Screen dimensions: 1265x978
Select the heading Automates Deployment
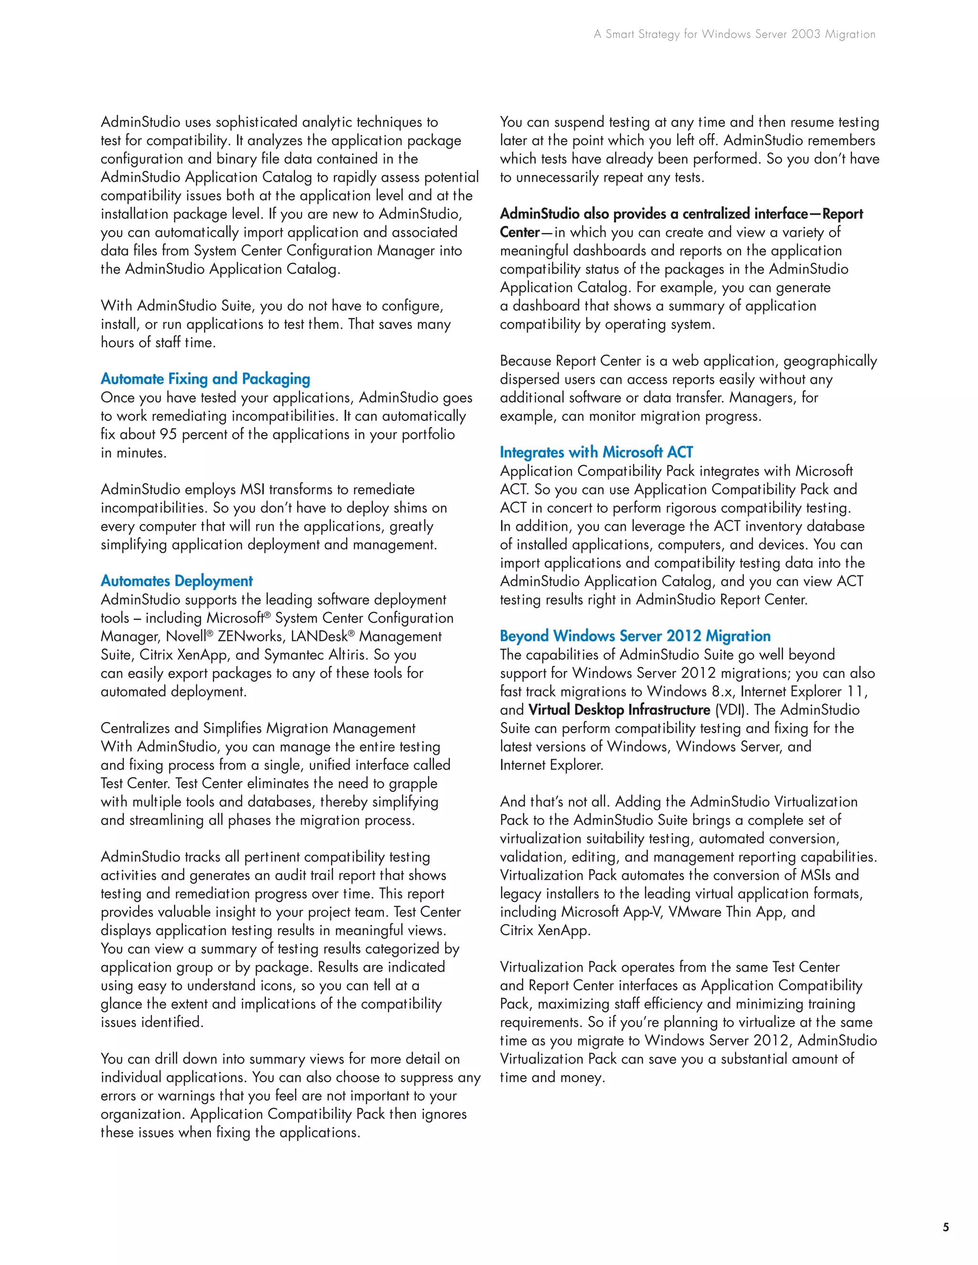pyautogui.click(x=177, y=581)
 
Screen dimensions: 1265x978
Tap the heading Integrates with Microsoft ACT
pyautogui.click(x=596, y=453)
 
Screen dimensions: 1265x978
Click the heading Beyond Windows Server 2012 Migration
pyautogui.click(x=635, y=636)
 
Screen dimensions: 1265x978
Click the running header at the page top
pyautogui.click(x=734, y=34)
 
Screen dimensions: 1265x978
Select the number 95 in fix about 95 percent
pyautogui.click(x=168, y=434)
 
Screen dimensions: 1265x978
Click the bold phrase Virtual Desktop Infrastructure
pyautogui.click(x=619, y=710)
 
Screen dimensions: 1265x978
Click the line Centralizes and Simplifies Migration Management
pyautogui.click(x=258, y=728)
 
